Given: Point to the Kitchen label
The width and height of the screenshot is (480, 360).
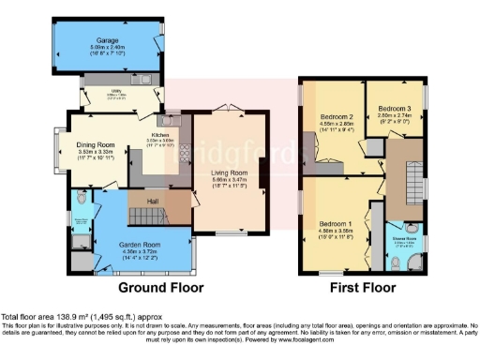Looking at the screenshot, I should coord(160,135).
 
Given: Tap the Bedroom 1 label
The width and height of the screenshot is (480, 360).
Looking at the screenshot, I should coord(335,225).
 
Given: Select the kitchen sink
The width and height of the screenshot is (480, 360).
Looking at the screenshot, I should coord(172,120).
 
